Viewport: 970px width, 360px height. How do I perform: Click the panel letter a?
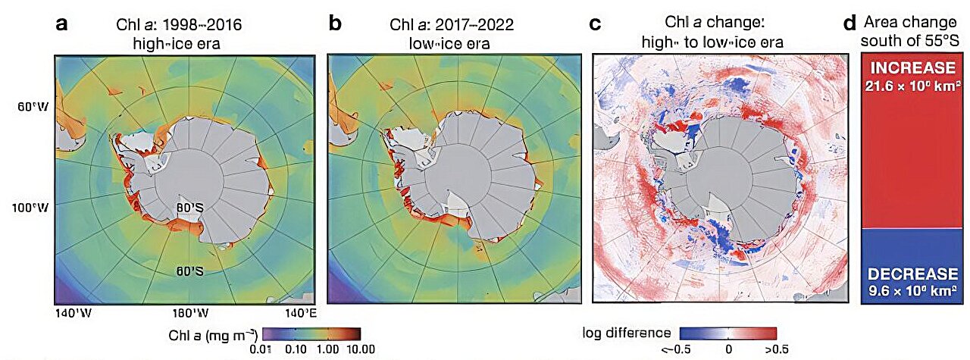point(63,23)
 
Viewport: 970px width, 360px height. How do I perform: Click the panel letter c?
point(595,23)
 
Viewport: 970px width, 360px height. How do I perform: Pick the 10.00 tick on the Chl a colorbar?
point(360,349)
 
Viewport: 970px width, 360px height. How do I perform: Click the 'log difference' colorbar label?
point(626,333)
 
